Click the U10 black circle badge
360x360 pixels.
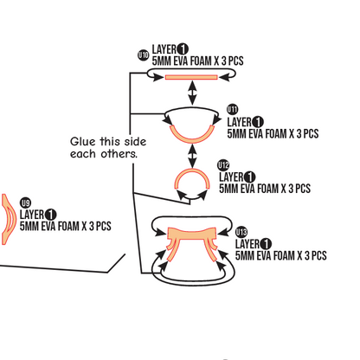tap(144, 55)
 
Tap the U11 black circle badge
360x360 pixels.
tap(233, 109)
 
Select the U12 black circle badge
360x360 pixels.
tap(223, 165)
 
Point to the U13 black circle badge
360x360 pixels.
tap(241, 232)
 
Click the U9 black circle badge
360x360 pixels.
tap(25, 203)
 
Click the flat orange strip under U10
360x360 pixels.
tap(191, 77)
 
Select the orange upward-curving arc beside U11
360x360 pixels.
tap(192, 139)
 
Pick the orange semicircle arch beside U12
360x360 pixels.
tap(191, 170)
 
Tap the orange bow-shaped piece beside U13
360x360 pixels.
tap(191, 234)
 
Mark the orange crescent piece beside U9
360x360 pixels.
tap(8, 219)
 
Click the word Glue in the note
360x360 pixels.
tap(83, 142)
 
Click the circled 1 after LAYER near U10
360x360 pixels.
tap(183, 49)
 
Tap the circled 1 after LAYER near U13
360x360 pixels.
tap(266, 244)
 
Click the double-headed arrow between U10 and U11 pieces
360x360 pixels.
tap(192, 93)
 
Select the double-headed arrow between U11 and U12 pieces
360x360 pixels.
tap(192, 156)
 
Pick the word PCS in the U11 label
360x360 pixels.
tap(311, 134)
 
